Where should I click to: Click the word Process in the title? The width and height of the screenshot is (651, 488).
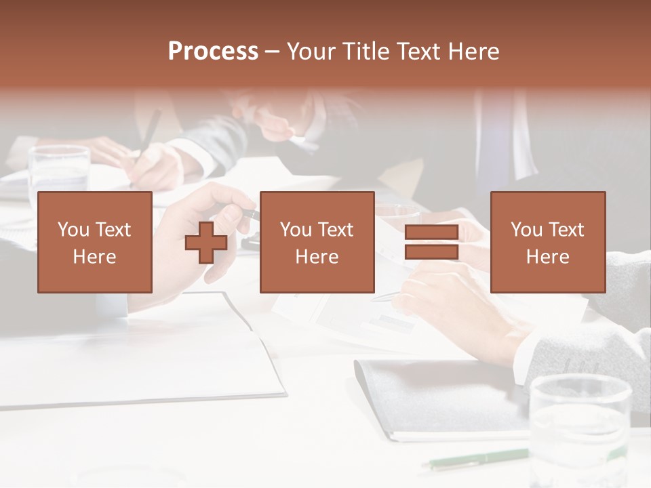(x=213, y=52)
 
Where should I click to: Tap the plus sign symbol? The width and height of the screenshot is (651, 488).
(x=206, y=243)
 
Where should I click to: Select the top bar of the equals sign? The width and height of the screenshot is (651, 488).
(x=431, y=232)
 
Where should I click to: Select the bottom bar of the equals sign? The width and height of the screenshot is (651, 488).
(x=431, y=252)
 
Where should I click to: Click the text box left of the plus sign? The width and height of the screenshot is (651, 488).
(x=94, y=242)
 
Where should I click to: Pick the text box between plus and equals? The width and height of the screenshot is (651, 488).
(x=317, y=242)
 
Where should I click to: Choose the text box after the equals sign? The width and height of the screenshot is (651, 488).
(x=547, y=242)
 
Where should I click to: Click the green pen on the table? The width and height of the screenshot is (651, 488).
(x=475, y=459)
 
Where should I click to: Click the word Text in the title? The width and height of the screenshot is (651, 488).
(x=417, y=52)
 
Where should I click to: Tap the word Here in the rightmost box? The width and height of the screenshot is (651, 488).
(x=547, y=257)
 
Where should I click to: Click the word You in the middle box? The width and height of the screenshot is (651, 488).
(x=296, y=230)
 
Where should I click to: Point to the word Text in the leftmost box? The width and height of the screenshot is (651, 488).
(x=113, y=230)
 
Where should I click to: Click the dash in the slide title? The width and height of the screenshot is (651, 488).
(x=272, y=52)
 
